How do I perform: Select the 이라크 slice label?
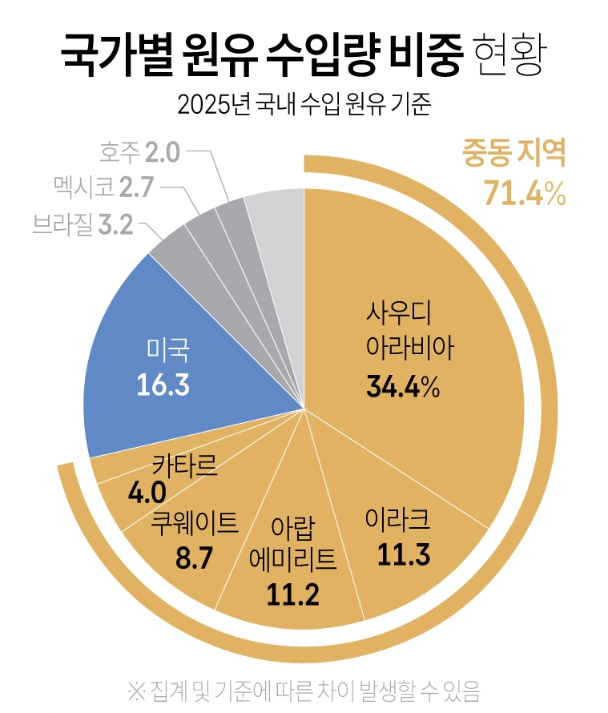pos(397,519)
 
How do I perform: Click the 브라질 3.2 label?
pos(83,224)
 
